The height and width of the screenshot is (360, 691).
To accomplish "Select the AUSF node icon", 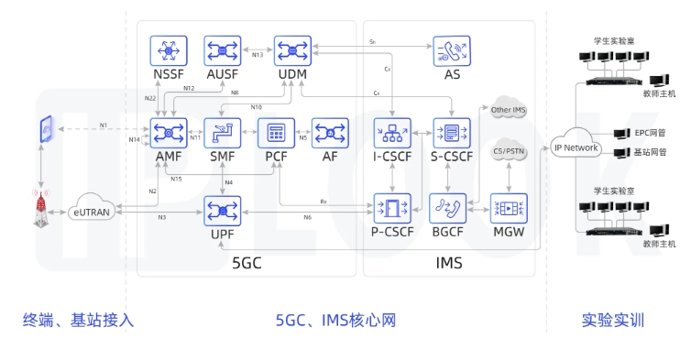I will coord(222,50).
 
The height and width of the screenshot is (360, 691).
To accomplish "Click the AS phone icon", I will coord(451,50).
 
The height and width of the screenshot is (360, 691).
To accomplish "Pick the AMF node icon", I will coord(169,134).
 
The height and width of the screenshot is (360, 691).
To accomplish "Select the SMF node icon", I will coord(221,134).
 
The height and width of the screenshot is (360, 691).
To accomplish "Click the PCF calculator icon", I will coord(274,134).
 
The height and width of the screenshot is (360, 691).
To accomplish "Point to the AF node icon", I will coord(330,134).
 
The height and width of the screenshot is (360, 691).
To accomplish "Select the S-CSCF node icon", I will coord(451,134).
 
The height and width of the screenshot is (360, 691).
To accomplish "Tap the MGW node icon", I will coord(510,208).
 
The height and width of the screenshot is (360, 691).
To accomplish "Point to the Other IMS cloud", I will coord(510,109).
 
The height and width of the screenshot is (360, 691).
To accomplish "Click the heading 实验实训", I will coord(612,320).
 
